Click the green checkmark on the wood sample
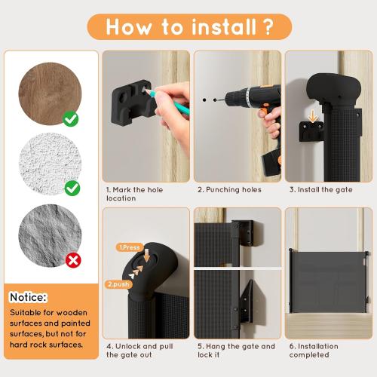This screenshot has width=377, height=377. [x=71, y=118]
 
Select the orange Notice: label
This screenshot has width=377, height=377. [x=29, y=297]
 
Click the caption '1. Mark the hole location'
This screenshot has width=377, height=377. [x=131, y=194]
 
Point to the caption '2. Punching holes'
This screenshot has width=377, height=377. [x=229, y=190]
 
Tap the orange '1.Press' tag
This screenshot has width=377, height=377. [x=130, y=247]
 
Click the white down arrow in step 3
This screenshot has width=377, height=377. [x=311, y=118]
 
